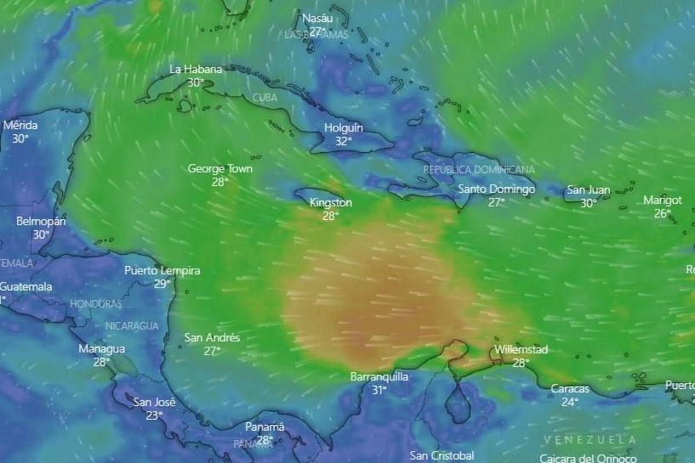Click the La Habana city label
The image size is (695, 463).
tap(195, 69)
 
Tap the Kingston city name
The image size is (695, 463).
tap(331, 203)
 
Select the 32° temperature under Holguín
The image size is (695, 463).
tap(343, 141)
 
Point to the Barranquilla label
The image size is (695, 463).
tap(379, 377)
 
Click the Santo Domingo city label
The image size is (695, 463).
tap(496, 189)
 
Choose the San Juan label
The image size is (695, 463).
tap(588, 189)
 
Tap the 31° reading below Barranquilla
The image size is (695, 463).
tap(379, 390)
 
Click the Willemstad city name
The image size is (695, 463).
tap(521, 350)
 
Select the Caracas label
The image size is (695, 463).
tap(570, 388)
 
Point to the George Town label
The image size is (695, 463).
tap(220, 168)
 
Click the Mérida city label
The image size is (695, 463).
tap(20, 125)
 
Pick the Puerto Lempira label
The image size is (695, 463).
tap(162, 270)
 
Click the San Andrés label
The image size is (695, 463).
tap(212, 337)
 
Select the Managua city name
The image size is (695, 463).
tap(101, 349)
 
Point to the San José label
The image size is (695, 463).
tap(154, 402)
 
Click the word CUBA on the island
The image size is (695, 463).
tap(265, 98)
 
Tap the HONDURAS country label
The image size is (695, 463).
tap(96, 304)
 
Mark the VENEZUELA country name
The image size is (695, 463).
tap(590, 440)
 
